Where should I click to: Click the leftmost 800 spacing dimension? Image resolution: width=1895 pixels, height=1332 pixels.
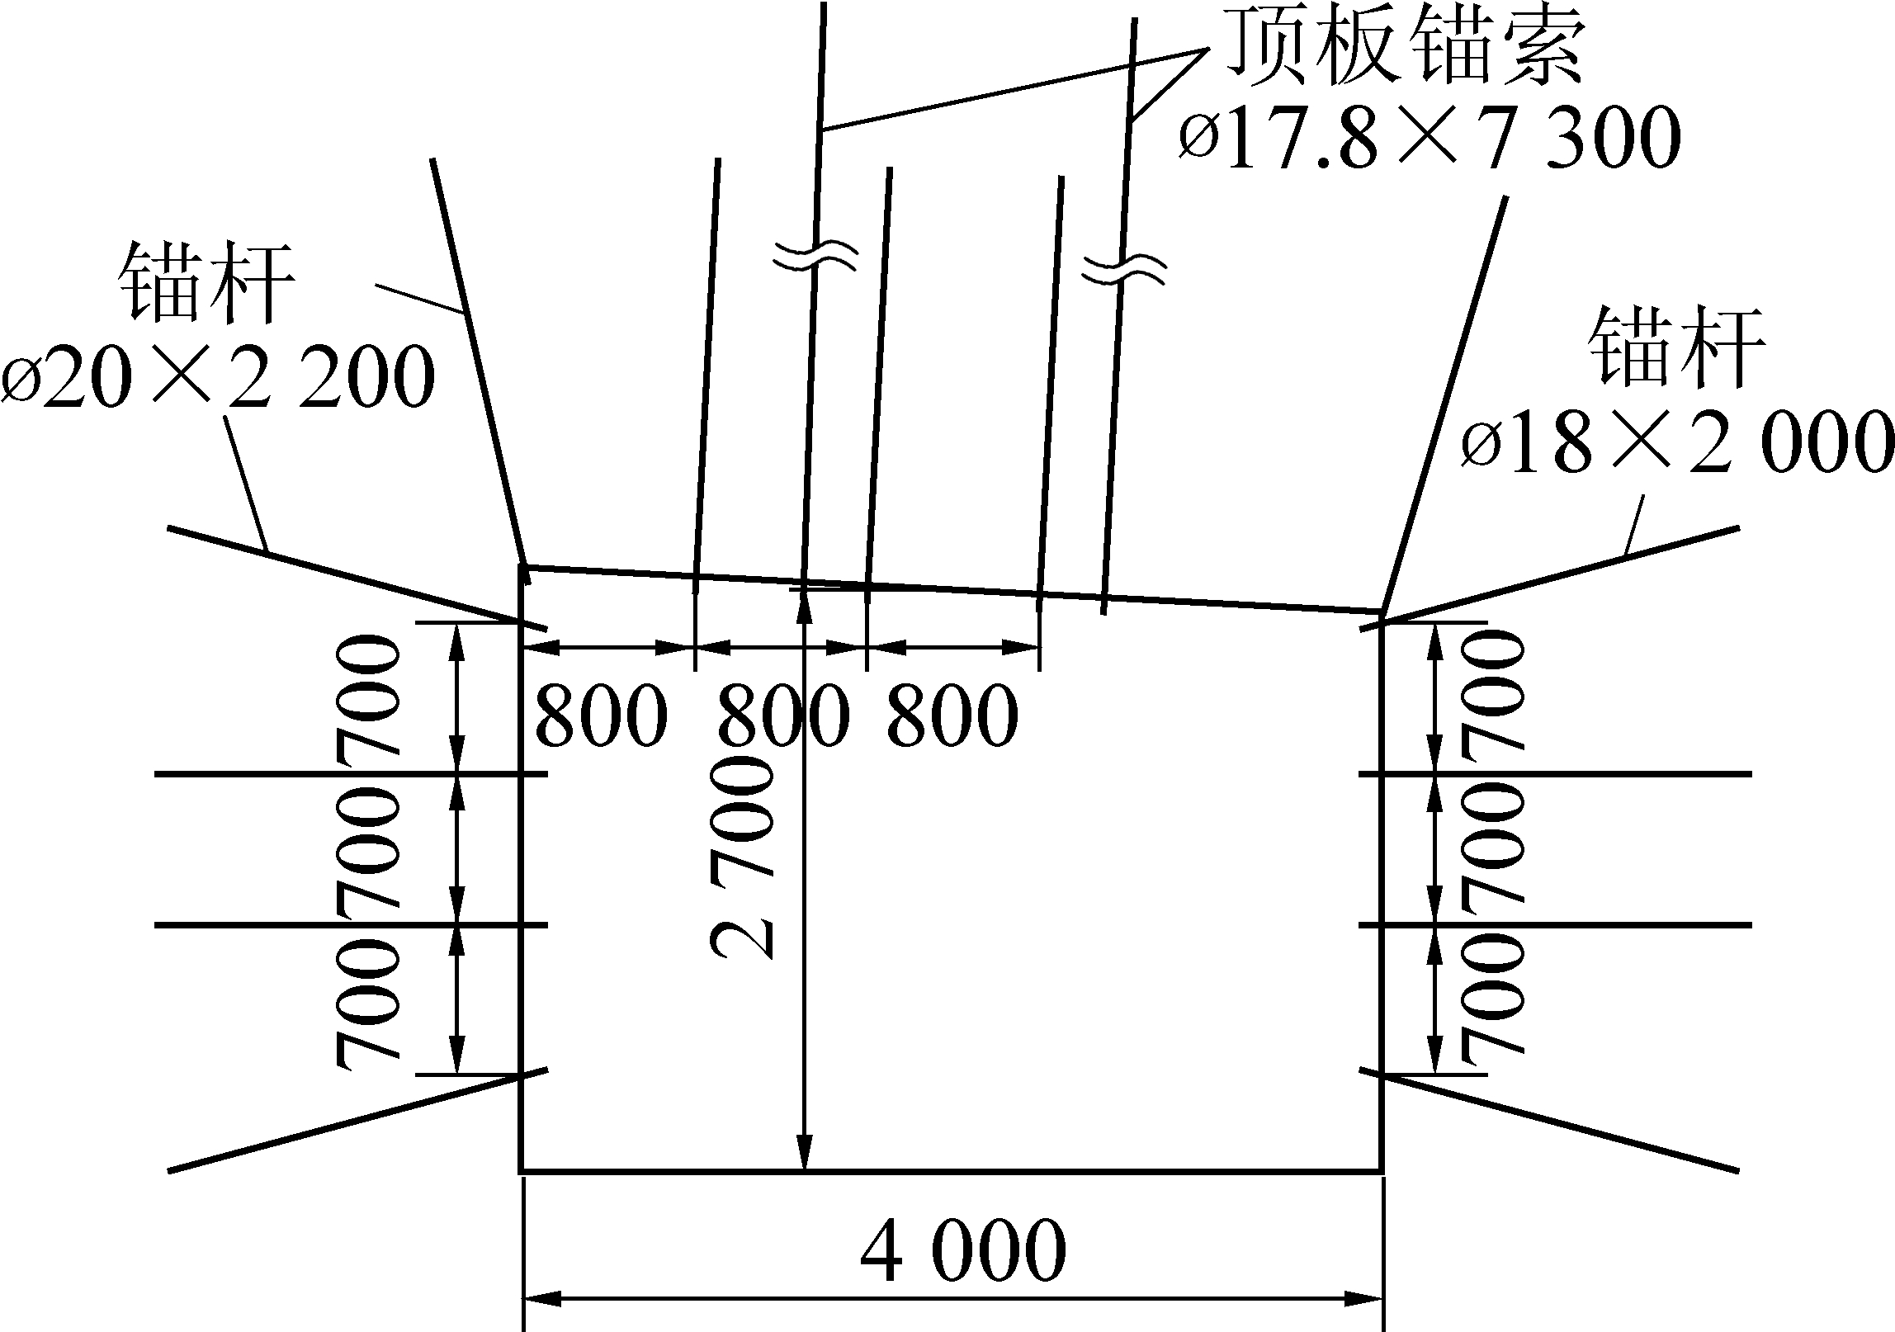pyautogui.click(x=600, y=715)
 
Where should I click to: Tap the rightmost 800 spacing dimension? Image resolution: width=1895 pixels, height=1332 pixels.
pyautogui.click(x=951, y=715)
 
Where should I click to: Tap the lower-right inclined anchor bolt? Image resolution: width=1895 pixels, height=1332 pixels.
pyautogui.click(x=1560, y=1122)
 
